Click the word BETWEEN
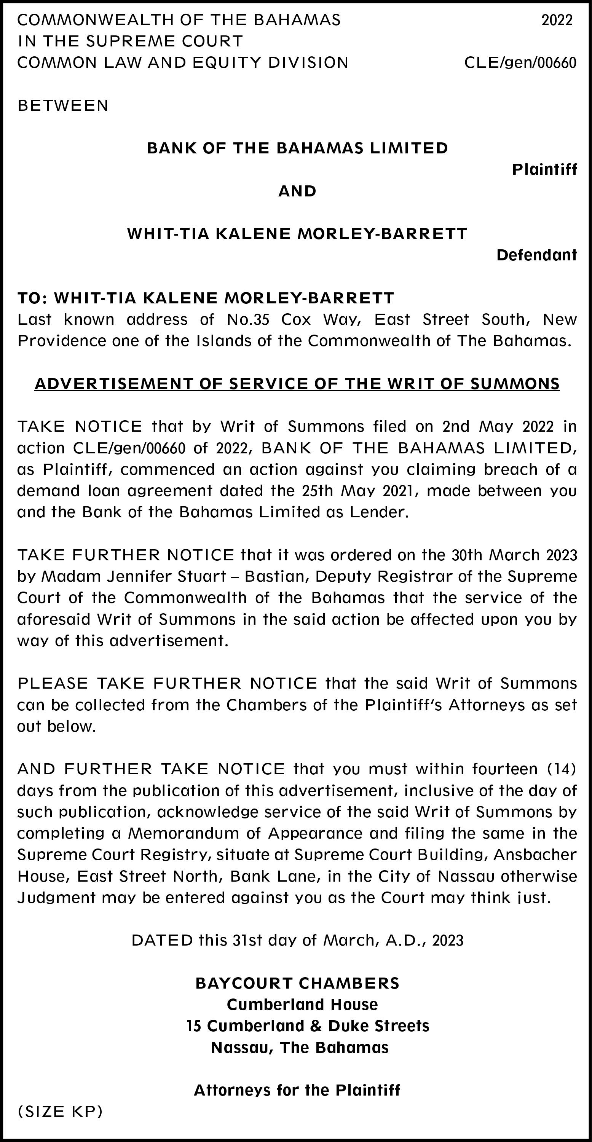63,105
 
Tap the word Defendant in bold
536,255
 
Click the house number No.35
248,319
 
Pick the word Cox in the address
296,319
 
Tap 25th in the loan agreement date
317,491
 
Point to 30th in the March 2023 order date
466,555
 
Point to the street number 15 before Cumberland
194,1026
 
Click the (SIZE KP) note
60,1112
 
